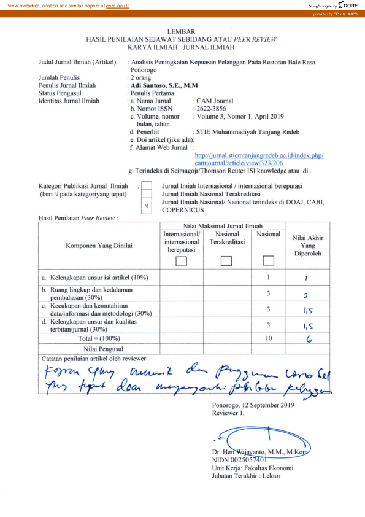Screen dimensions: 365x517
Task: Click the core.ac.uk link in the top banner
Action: point(117,6)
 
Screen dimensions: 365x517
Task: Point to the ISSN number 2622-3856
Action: point(209,107)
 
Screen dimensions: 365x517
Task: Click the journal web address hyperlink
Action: point(258,159)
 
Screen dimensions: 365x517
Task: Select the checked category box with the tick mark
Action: point(146,206)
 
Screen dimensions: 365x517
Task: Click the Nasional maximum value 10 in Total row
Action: point(268,338)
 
